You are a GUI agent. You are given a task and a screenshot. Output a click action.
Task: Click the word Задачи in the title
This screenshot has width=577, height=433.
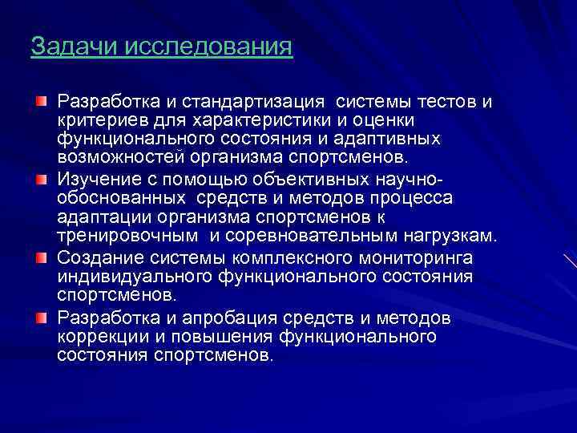(x=74, y=46)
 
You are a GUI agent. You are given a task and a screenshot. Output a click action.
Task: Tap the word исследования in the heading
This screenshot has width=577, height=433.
(x=208, y=46)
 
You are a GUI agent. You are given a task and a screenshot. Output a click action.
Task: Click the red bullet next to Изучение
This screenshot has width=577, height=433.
(x=40, y=177)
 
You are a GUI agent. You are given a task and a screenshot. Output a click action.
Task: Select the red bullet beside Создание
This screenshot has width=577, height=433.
(x=40, y=257)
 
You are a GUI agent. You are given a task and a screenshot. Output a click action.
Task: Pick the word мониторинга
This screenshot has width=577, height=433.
(x=405, y=258)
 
